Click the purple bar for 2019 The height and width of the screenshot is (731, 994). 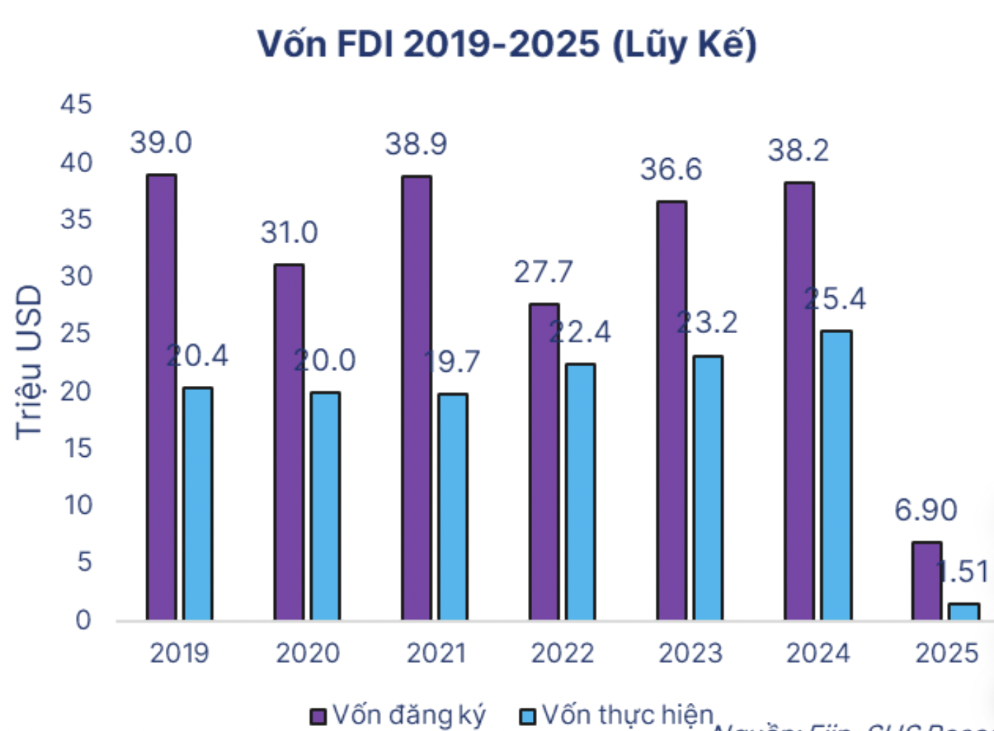point(162,397)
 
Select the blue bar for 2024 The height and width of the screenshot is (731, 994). point(836,475)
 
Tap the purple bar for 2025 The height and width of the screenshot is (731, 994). point(927,581)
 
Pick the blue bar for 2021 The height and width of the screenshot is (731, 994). point(453,507)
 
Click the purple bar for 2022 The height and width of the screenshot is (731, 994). point(544,462)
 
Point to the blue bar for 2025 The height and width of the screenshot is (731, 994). point(963,612)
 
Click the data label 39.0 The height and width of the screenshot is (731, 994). point(161,143)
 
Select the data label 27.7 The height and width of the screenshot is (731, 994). point(543,272)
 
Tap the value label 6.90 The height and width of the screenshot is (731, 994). point(925,510)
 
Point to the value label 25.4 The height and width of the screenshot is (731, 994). point(835,299)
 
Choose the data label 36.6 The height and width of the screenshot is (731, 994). point(671,169)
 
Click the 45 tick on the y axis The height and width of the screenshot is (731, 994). point(76,105)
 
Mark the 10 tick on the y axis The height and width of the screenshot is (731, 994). point(78,505)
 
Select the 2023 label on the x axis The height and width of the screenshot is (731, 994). point(690,654)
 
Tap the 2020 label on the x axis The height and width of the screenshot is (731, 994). point(307,654)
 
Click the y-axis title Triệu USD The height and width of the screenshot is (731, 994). point(30,362)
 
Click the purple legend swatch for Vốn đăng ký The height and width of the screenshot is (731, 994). point(318,716)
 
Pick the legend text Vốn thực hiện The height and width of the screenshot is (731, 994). point(628,715)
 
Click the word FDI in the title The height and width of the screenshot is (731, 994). point(365,44)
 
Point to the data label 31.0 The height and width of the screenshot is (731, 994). point(289,233)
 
